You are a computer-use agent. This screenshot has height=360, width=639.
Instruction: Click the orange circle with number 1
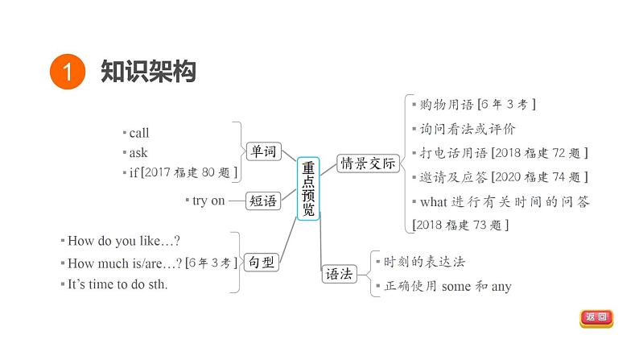(68, 72)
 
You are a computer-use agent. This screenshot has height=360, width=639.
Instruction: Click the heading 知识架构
(149, 72)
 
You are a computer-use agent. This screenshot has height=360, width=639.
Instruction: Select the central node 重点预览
(309, 188)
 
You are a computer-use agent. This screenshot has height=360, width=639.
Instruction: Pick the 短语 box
(262, 201)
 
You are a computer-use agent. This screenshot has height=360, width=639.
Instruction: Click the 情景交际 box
(369, 163)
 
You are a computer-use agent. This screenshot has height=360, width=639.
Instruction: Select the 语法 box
(339, 273)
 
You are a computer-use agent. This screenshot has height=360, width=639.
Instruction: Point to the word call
(139, 133)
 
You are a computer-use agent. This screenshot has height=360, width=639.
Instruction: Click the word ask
(138, 152)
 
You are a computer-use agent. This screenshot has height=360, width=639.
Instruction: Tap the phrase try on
(208, 201)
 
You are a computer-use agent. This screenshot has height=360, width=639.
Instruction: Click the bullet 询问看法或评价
(467, 129)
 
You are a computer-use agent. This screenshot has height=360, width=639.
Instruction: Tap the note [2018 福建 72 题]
(538, 153)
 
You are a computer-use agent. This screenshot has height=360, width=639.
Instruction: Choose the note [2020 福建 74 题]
(538, 177)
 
